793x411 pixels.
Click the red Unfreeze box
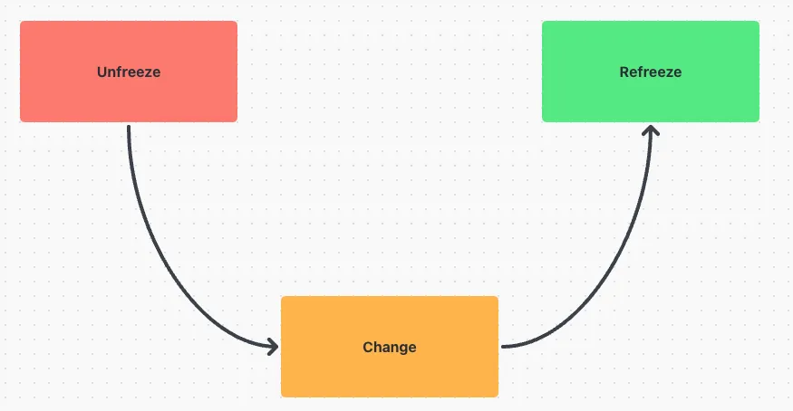point(129,72)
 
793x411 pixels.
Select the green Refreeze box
point(651,72)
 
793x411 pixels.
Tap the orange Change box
point(390,347)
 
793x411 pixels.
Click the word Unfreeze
point(129,72)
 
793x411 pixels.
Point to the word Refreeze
point(651,72)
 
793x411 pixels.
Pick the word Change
point(390,348)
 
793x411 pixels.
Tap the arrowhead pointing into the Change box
point(273,347)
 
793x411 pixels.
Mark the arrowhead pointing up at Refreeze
point(651,130)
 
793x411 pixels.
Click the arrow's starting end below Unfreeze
point(129,127)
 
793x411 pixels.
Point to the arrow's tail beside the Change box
point(503,347)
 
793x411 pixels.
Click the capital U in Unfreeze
point(102,72)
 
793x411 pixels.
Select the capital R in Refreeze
point(624,72)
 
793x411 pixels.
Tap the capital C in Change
point(368,347)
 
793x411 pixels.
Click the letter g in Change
point(402,349)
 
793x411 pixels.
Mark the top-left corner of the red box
point(20,21)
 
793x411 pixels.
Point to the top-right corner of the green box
point(759,21)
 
